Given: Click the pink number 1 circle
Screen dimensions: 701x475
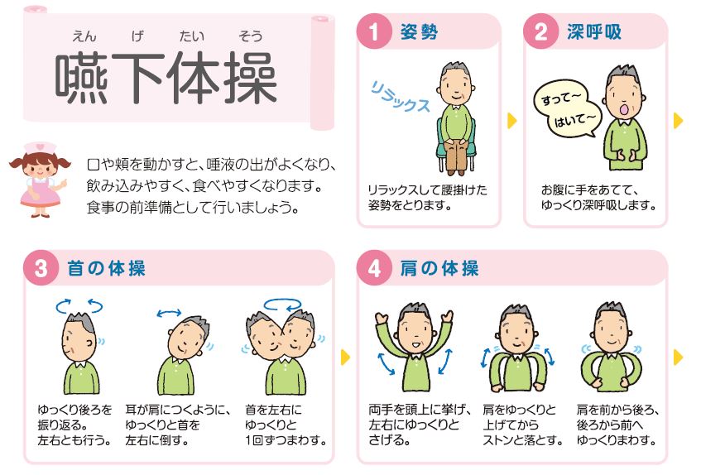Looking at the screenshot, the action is pos(374,31).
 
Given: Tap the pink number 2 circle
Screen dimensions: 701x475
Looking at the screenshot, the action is pos(541,31).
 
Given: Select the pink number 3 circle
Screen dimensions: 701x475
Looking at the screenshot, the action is pos(41,268).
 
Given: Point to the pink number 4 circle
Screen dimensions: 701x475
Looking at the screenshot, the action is pos(374,268).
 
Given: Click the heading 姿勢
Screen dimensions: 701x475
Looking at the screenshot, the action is pos(419,31).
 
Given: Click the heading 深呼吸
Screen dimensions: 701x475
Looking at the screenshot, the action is pos(594,31).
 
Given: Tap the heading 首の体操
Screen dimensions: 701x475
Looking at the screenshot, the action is pos(107,269).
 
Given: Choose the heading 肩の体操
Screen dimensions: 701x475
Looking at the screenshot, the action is pos(439,269).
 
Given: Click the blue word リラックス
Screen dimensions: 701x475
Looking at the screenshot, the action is pos(400,97).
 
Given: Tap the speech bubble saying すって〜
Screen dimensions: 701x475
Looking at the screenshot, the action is pos(561,98).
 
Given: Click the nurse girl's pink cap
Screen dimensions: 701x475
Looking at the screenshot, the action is pos(41,147).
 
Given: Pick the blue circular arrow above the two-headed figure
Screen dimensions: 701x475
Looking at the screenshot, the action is pos(282,305).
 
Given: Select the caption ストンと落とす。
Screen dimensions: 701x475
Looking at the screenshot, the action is pos(522,440).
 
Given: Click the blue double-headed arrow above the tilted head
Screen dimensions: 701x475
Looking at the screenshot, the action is pos(169,313).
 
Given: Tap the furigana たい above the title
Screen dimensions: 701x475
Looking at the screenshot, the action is pos(192,36).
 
